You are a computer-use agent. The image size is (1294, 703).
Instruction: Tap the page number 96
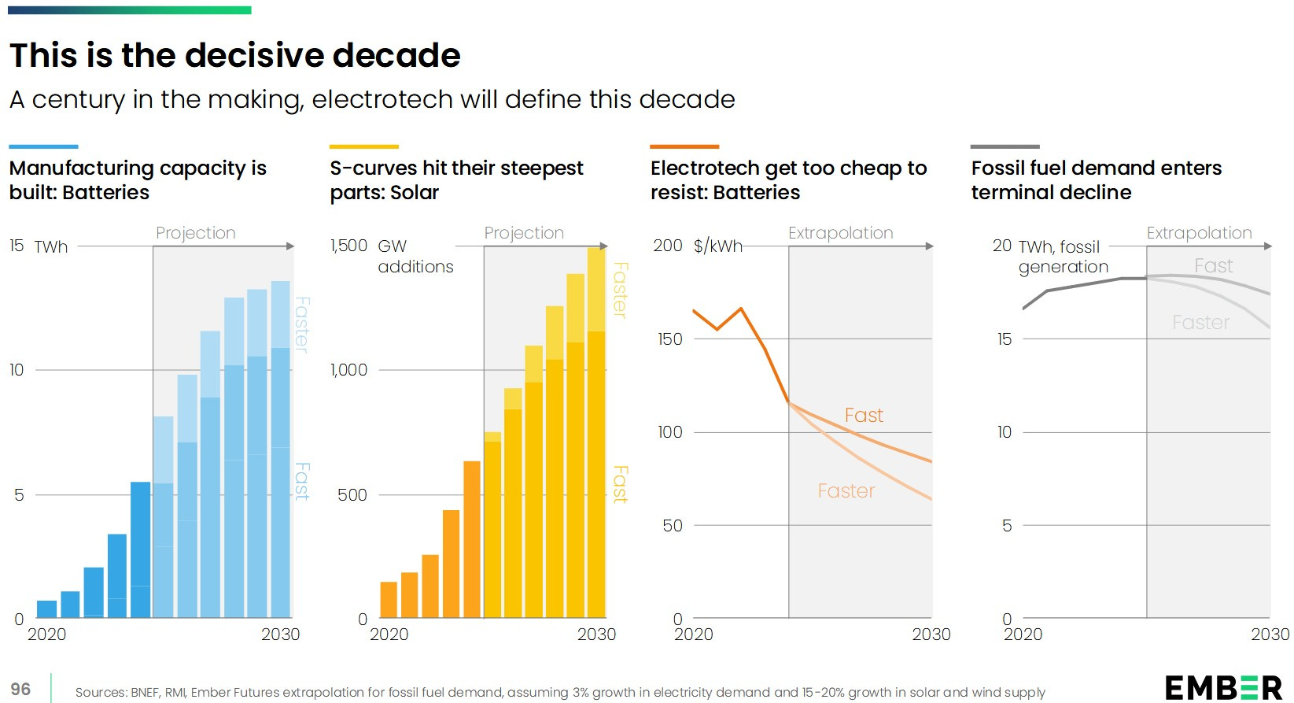click(20, 689)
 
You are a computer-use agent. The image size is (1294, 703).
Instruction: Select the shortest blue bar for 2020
click(47, 609)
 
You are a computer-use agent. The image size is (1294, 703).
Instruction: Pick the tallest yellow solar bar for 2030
click(596, 433)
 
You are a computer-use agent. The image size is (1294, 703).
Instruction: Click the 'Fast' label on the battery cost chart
click(864, 415)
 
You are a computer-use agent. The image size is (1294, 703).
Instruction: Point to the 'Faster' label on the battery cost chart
click(846, 490)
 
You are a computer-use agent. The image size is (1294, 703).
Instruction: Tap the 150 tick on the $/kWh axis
click(670, 339)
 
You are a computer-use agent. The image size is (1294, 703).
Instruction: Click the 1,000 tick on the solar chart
click(348, 369)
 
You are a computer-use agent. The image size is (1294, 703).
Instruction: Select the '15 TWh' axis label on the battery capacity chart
click(39, 246)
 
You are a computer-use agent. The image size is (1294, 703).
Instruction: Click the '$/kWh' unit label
click(717, 246)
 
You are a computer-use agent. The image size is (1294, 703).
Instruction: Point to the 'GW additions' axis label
click(415, 256)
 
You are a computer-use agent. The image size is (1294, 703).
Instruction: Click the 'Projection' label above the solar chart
click(524, 233)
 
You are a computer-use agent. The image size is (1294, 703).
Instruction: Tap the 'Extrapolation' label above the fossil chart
click(1199, 233)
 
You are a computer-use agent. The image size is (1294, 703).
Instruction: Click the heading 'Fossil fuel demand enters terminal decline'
click(1096, 179)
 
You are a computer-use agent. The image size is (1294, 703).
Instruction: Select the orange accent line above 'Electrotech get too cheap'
click(684, 146)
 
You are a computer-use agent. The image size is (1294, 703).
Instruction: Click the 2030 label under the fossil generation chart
click(1270, 635)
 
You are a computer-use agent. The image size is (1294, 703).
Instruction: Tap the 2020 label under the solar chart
click(389, 635)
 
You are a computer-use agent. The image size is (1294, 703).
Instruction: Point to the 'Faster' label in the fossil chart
click(1200, 322)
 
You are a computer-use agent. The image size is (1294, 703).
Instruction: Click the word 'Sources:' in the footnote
click(99, 692)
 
